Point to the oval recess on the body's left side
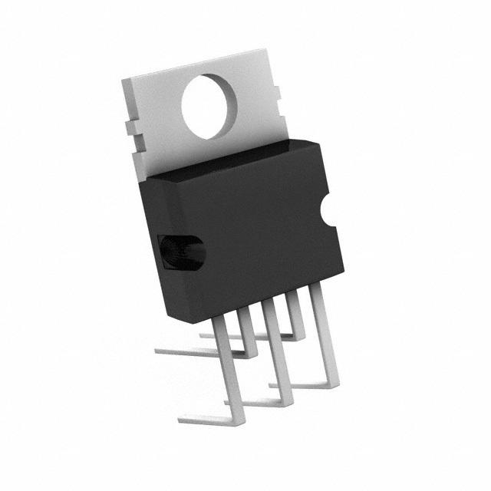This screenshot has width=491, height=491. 182,252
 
